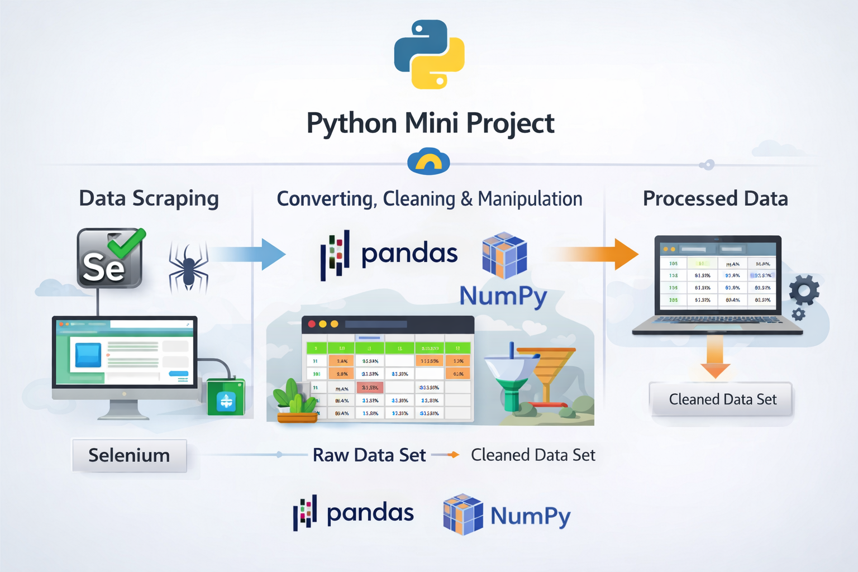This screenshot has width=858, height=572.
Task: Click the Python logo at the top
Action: (x=429, y=54)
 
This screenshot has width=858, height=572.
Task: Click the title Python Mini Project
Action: (x=430, y=123)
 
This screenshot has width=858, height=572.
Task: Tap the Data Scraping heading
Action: (x=149, y=199)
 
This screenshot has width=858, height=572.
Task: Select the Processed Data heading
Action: (x=715, y=199)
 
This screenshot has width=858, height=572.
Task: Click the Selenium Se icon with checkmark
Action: (x=110, y=258)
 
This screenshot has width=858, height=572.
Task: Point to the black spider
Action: (x=189, y=266)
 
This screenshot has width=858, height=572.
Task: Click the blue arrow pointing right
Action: (x=249, y=255)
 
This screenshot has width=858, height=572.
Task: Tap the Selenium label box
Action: (x=129, y=456)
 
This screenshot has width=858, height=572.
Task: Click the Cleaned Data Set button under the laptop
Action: (x=722, y=399)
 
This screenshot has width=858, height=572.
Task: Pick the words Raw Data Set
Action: (x=369, y=455)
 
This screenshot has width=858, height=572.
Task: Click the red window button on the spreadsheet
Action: (x=312, y=324)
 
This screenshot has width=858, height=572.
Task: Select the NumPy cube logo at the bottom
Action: (x=463, y=514)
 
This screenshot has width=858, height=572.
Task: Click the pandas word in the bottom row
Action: (x=370, y=513)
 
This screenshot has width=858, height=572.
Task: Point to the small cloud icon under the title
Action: (x=428, y=161)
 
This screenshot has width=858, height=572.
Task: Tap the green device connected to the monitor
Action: (x=226, y=398)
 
